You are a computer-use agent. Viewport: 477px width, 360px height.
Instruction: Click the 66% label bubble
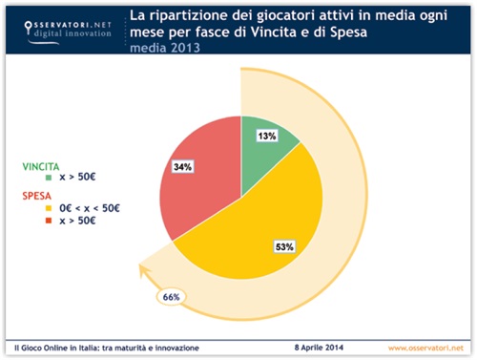coord(171,297)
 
